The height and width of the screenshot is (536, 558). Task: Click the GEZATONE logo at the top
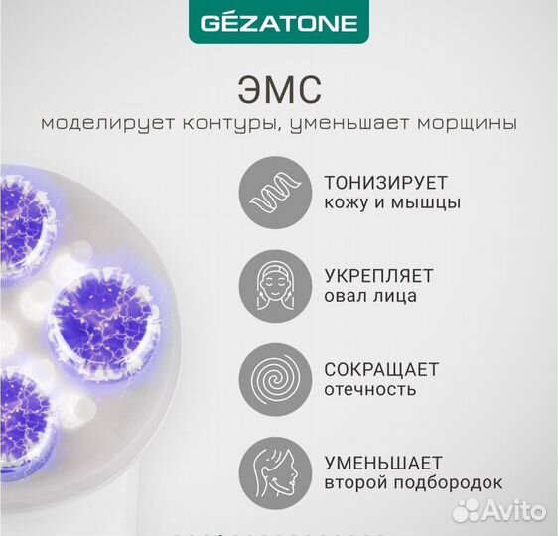pos(279,22)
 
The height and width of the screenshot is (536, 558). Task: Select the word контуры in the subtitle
pos(195,124)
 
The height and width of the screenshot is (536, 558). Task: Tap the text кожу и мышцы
pos(379,203)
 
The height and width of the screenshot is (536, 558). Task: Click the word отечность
pos(366,390)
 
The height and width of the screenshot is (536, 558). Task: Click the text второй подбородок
pos(413,484)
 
